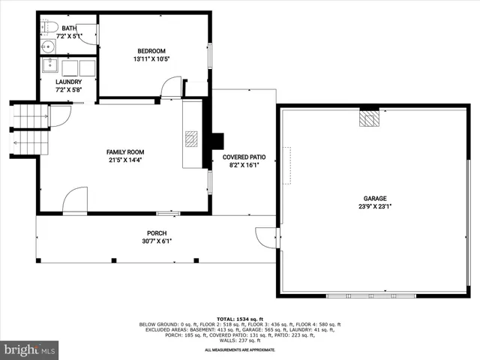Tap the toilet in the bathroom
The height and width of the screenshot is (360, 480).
(49, 28)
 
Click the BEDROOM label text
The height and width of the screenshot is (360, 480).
(151, 51)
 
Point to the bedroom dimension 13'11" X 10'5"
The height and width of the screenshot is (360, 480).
(151, 58)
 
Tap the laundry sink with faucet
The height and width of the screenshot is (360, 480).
(49, 65)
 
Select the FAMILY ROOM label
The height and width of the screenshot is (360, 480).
(124, 152)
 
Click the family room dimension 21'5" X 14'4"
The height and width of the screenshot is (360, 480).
(124, 160)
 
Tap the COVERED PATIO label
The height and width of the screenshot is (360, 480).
(244, 157)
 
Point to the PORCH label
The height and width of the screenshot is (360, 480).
(157, 232)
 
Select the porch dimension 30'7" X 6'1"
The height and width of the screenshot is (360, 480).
(157, 241)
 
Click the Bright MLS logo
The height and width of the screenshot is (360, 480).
(30, 349)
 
